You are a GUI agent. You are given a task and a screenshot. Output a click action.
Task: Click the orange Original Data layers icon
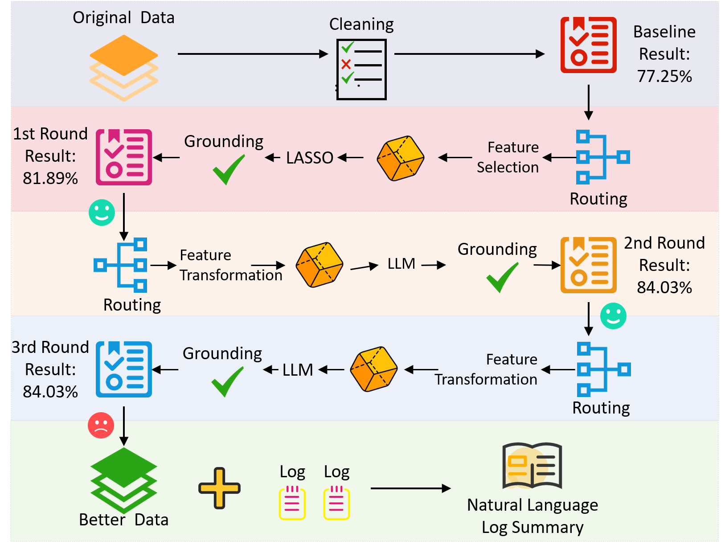[x=123, y=68]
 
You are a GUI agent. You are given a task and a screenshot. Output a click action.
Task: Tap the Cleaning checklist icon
[x=361, y=69]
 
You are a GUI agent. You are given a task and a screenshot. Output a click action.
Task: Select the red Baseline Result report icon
[x=588, y=45]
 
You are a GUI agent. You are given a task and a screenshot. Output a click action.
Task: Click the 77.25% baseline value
[x=664, y=76]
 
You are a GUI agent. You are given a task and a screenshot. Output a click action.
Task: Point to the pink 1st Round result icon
[x=123, y=157]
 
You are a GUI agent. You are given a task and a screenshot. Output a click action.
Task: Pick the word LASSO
[x=309, y=158]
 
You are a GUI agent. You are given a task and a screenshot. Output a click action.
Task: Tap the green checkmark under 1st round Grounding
[x=228, y=169]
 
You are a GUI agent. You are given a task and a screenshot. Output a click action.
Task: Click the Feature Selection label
[x=508, y=157]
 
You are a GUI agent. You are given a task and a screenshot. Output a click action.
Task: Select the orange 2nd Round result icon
[x=588, y=265]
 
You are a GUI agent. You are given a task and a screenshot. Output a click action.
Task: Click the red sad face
[x=101, y=425]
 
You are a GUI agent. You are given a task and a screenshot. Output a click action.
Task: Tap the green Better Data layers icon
[x=123, y=480]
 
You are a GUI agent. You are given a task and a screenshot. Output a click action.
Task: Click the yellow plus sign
[x=219, y=488]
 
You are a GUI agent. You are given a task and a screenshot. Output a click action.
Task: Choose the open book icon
[x=532, y=466]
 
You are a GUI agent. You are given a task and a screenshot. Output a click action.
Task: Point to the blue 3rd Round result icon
[x=123, y=369]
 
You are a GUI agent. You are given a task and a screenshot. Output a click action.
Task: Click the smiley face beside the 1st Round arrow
[x=102, y=213]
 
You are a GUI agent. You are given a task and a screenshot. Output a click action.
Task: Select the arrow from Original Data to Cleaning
[x=253, y=54]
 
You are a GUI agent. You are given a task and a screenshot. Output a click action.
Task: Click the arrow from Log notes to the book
[x=410, y=488]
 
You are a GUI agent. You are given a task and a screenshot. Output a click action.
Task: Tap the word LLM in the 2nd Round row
[x=401, y=263]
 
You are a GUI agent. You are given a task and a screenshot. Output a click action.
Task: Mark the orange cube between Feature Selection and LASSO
[x=400, y=158]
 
